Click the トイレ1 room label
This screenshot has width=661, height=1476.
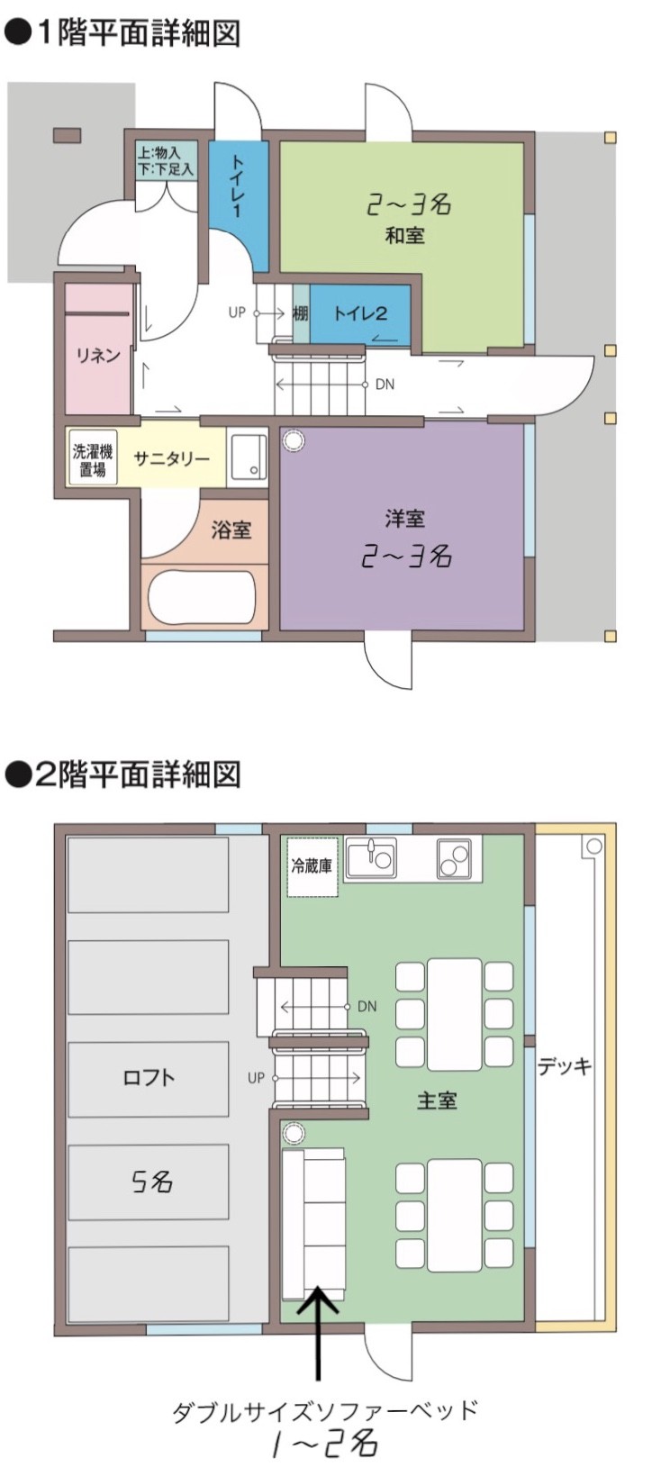click(238, 187)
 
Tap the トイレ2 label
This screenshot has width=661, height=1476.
click(360, 313)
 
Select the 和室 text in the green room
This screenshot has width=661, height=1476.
click(404, 236)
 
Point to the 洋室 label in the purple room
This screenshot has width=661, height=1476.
click(404, 519)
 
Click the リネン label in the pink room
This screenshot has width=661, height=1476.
click(97, 355)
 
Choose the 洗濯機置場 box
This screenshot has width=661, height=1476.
click(93, 459)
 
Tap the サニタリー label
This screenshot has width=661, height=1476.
click(171, 458)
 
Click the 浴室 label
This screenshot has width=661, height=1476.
click(231, 530)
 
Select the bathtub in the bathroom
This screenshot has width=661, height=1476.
click(204, 596)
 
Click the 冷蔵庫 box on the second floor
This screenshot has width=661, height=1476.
click(312, 866)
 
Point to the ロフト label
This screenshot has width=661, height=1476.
click(149, 1077)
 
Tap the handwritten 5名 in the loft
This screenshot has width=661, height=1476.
click(151, 1181)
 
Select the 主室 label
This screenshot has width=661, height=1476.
click(437, 1100)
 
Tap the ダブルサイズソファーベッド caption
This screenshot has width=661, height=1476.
click(324, 1410)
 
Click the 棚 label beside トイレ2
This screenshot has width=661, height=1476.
click(300, 313)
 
